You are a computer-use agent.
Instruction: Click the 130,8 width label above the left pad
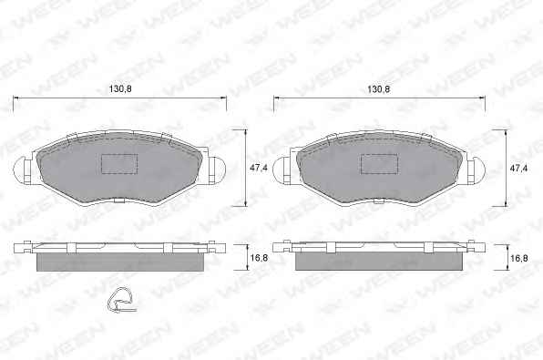tap(120, 88)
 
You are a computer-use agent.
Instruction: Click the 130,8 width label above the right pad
tap(378, 89)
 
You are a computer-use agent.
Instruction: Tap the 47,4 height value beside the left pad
tap(259, 168)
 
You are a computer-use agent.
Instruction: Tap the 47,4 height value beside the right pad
tap(518, 168)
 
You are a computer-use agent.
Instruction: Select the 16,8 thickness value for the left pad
tap(259, 258)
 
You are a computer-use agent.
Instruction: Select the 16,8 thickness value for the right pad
tap(519, 258)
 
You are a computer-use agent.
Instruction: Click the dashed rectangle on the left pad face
tap(119, 164)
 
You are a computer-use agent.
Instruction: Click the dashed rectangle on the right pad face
tap(379, 164)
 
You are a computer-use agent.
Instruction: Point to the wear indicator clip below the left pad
tap(120, 300)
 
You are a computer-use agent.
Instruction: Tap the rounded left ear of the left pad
tap(20, 170)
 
